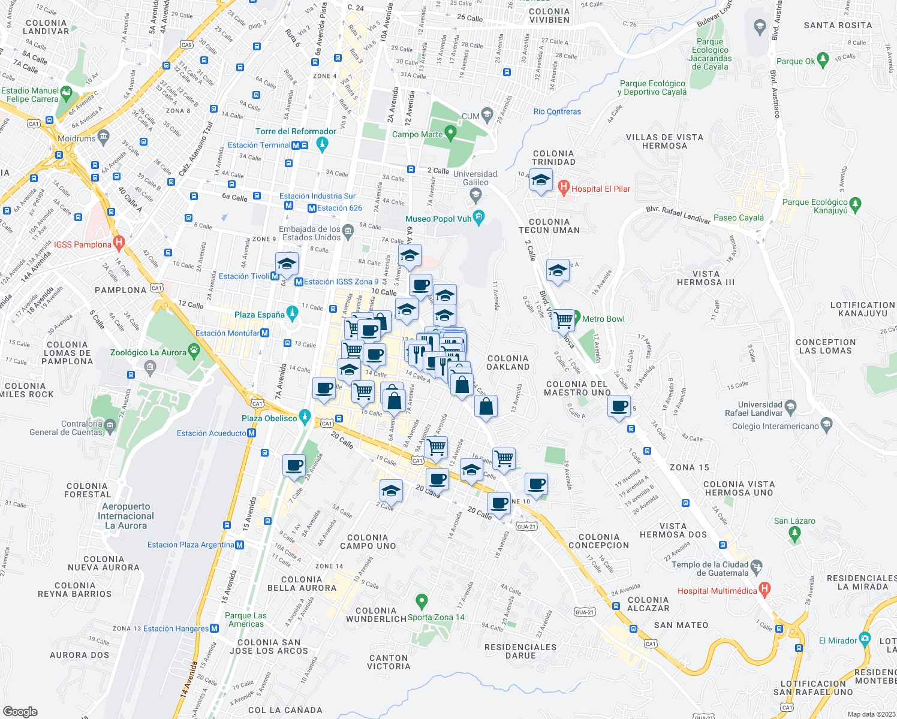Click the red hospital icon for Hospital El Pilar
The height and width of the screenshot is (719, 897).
pyautogui.click(x=563, y=188)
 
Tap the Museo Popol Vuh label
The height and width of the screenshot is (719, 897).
pyautogui.click(x=438, y=219)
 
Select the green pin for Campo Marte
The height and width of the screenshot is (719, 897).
pyautogui.click(x=450, y=133)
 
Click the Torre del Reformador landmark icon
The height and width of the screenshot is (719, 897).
pyautogui.click(x=322, y=144)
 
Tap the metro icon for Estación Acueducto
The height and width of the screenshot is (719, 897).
pyautogui.click(x=252, y=433)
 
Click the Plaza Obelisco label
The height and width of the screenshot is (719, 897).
pyautogui.click(x=269, y=418)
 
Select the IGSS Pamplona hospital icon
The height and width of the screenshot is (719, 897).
pyautogui.click(x=119, y=244)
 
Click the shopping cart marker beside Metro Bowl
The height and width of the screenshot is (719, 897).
pyautogui.click(x=563, y=321)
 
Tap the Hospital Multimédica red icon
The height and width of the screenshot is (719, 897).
pyautogui.click(x=764, y=589)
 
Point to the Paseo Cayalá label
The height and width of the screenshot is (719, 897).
pyautogui.click(x=739, y=218)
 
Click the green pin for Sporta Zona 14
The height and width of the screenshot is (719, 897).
pyautogui.click(x=422, y=600)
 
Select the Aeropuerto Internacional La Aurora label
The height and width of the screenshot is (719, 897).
pyautogui.click(x=126, y=516)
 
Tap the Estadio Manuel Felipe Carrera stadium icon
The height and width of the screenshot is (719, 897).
pyautogui.click(x=66, y=93)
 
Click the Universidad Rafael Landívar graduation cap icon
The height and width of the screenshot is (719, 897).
pyautogui.click(x=790, y=407)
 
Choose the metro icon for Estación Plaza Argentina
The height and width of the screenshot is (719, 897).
pyautogui.click(x=240, y=545)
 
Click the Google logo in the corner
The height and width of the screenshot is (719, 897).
pyautogui.click(x=20, y=711)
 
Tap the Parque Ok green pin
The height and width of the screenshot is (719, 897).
pyautogui.click(x=823, y=59)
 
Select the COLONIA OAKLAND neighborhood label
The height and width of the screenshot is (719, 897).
pyautogui.click(x=508, y=362)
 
